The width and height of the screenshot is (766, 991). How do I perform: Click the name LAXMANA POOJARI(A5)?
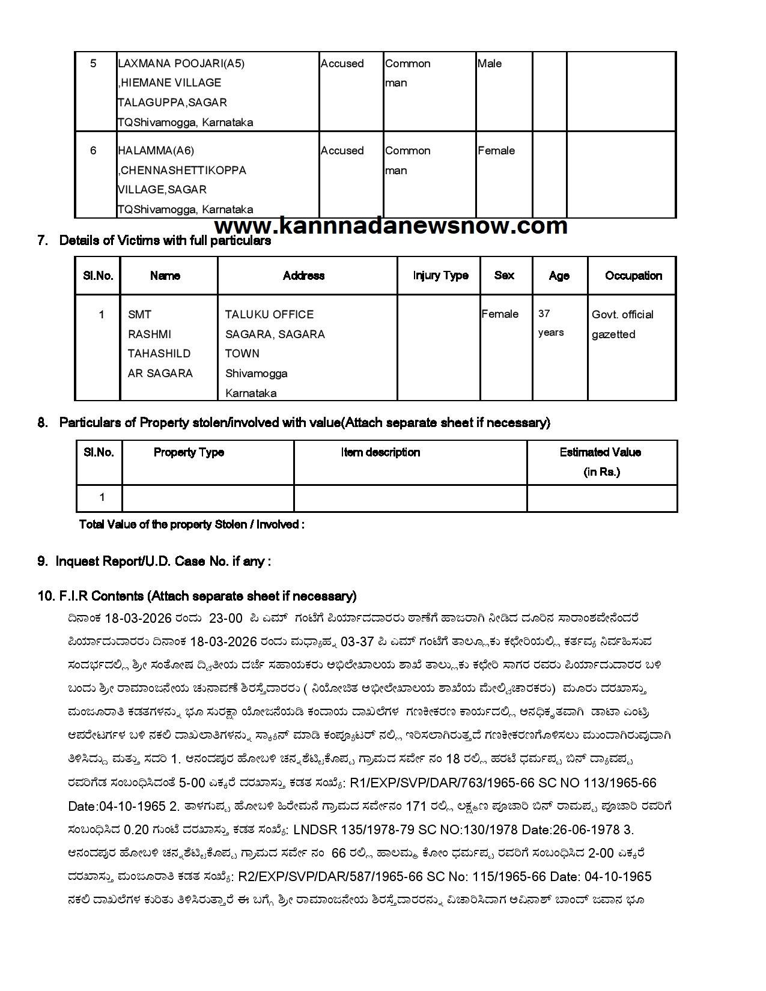tap(181, 64)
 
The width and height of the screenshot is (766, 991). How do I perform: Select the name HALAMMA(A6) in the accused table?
tap(156, 151)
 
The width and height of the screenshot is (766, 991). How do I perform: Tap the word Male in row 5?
tap(490, 64)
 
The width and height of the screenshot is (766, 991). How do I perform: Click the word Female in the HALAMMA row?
tap(496, 151)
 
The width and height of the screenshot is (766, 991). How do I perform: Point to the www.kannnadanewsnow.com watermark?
tap(391, 226)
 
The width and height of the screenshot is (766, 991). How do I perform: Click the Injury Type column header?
tap(440, 276)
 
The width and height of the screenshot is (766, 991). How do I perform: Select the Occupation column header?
tap(633, 276)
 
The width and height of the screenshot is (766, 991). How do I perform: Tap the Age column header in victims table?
tap(559, 276)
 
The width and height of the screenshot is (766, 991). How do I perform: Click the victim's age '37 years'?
tap(550, 323)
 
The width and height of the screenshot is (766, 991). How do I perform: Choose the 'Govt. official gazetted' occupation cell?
tap(622, 324)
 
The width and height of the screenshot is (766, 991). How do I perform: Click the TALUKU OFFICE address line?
tap(269, 315)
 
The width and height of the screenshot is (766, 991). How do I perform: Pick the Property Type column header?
tap(189, 452)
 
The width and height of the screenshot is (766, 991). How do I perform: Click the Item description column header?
tap(380, 452)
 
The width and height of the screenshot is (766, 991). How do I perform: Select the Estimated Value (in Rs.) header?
tap(601, 462)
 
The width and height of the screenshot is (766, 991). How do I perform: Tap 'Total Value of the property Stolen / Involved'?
tap(192, 524)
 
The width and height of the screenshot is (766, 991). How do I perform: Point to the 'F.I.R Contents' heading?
tap(197, 596)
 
